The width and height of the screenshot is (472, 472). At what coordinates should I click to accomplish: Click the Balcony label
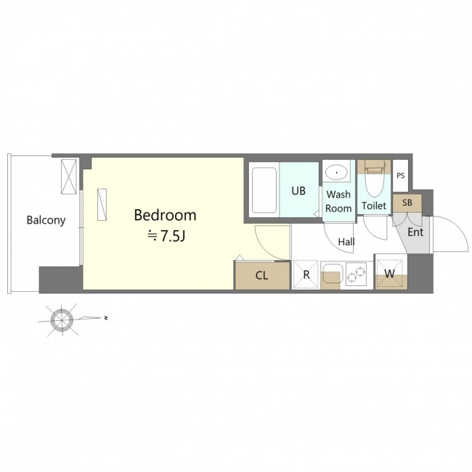click(46, 220)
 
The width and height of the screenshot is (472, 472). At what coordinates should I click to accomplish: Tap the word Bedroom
click(165, 215)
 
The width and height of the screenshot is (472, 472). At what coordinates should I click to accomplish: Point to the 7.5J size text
click(173, 236)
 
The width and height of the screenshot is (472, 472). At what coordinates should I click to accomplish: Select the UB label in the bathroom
click(298, 190)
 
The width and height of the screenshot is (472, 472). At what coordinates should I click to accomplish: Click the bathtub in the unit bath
click(264, 190)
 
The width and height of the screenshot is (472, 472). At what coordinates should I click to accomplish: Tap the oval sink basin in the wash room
click(336, 173)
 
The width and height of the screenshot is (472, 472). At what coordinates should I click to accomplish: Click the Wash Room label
click(338, 201)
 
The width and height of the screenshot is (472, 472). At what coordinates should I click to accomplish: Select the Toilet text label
click(374, 206)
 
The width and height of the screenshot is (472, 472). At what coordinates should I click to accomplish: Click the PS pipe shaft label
click(401, 176)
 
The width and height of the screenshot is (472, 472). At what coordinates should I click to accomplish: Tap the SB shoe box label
click(407, 203)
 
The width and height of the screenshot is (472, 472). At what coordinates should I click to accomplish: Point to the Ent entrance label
click(415, 232)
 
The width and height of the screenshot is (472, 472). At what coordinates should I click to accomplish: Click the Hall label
click(346, 242)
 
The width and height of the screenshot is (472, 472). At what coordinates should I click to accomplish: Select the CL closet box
click(262, 276)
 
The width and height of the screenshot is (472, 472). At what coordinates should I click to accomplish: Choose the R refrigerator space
click(306, 274)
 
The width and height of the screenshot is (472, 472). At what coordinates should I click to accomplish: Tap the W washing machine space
click(390, 274)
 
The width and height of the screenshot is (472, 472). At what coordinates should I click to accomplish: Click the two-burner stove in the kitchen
click(356, 274)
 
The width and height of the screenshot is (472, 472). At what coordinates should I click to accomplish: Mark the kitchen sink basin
click(330, 274)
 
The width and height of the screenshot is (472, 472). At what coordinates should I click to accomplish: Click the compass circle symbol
click(62, 320)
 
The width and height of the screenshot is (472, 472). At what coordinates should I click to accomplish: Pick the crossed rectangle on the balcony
click(69, 176)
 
